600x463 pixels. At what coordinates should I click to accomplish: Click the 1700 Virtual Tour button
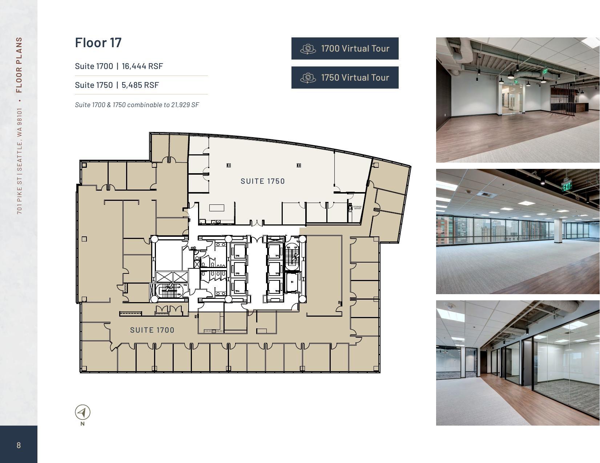pos(345,48)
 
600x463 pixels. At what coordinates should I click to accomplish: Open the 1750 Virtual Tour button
pos(345,77)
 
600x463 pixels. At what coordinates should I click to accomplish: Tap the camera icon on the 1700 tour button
pos(308,49)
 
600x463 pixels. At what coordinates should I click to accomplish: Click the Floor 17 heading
pos(98,42)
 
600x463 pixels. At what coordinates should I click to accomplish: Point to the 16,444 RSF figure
pos(142,66)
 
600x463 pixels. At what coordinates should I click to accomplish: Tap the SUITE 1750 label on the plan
pos(263,181)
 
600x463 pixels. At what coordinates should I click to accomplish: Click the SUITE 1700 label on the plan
pos(152,330)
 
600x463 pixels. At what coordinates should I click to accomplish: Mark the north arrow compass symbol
pos(82,413)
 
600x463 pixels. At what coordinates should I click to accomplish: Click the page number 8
pos(19,445)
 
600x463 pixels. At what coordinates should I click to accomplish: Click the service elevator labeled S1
pos(292,282)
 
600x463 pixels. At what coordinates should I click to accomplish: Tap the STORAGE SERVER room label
pos(357,208)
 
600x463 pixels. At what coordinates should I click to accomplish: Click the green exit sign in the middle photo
pos(566,186)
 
